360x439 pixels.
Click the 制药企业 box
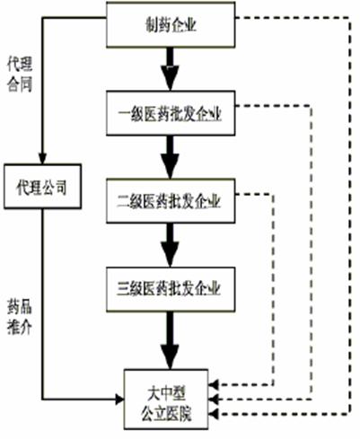point(171,24)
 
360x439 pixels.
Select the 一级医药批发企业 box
point(171,113)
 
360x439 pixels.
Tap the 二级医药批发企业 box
point(171,201)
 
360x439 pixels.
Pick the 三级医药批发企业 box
point(171,289)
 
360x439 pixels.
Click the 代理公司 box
point(42,186)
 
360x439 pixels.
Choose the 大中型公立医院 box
point(166,399)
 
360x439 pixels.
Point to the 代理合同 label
point(20,74)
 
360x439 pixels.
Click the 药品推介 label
point(20,316)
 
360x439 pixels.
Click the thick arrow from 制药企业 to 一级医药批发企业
point(170,69)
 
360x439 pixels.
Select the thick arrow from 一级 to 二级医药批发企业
point(170,157)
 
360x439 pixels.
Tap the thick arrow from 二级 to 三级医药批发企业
point(170,245)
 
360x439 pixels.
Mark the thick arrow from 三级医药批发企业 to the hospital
point(170,340)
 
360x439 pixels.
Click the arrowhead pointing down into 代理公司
point(43,158)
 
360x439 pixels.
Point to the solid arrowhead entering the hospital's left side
point(119,399)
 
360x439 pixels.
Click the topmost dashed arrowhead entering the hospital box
point(214,384)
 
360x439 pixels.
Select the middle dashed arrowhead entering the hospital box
point(214,399)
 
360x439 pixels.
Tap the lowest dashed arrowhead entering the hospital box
point(214,414)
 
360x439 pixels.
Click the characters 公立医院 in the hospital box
point(166,413)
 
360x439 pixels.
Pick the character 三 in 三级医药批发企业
point(123,289)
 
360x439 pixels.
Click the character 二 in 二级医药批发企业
point(123,201)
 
